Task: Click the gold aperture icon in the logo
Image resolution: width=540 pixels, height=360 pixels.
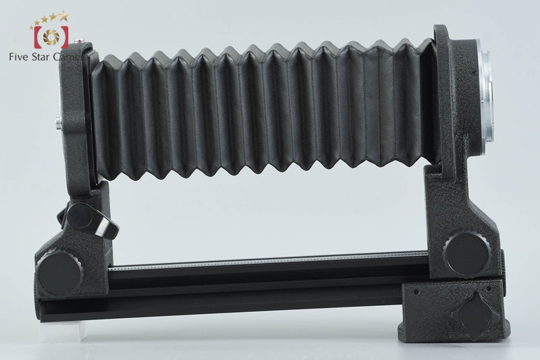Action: tap(51, 37)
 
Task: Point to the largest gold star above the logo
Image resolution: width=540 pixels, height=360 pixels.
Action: tap(63, 16)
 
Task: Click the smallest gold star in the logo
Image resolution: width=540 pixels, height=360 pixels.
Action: tap(32, 27)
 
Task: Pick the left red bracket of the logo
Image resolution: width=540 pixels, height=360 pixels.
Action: tap(37, 37)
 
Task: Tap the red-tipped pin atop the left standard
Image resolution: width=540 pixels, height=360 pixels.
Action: tap(78, 41)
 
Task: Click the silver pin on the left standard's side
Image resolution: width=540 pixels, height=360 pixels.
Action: tap(58, 122)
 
